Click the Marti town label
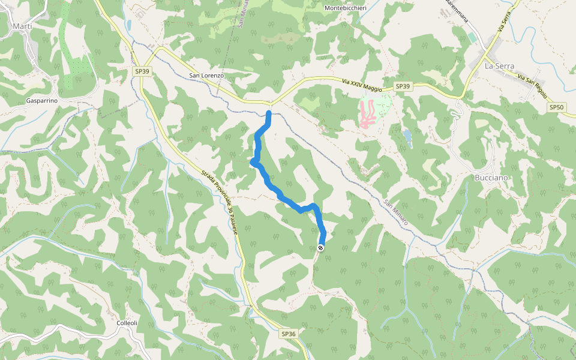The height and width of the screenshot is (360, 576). (x=22, y=26)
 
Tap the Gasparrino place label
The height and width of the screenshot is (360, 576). (x=42, y=101)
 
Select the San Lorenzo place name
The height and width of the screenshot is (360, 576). (x=206, y=76)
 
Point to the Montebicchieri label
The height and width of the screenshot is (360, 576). (x=346, y=8)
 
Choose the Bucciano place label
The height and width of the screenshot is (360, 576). (x=491, y=178)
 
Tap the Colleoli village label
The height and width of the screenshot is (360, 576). (x=127, y=323)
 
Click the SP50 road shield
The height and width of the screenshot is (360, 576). (x=556, y=107)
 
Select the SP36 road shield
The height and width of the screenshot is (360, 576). (x=289, y=334)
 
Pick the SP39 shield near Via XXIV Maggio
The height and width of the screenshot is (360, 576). (x=403, y=87)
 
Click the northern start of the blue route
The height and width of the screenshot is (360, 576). (x=269, y=113)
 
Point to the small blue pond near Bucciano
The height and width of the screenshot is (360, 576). (x=408, y=136)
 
